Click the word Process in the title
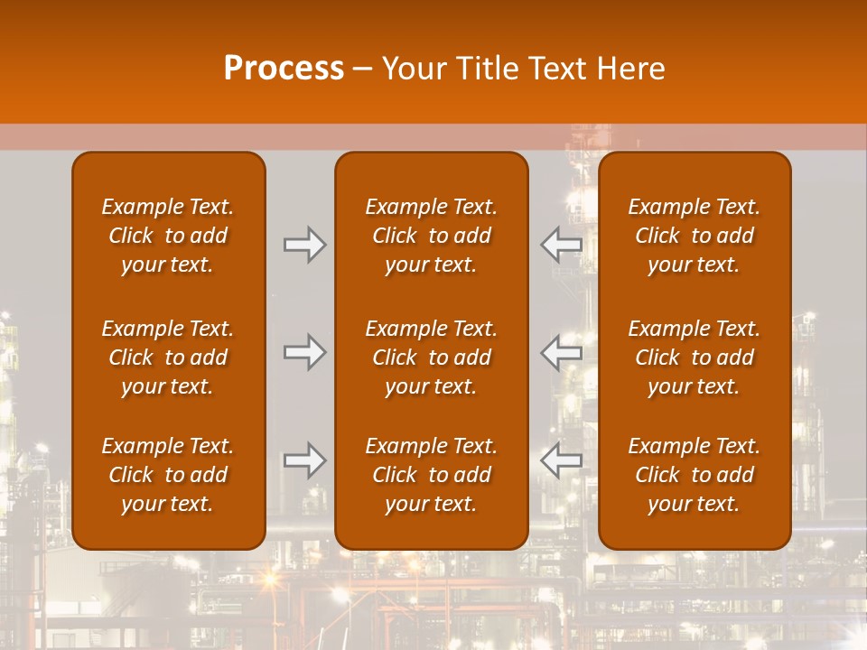(x=284, y=69)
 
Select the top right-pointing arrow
(x=304, y=244)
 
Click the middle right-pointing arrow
(x=304, y=352)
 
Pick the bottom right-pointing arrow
(x=304, y=460)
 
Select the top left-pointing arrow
(x=562, y=244)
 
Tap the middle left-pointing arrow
(x=562, y=352)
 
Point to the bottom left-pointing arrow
(x=562, y=460)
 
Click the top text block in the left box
(x=168, y=236)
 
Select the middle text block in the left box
(x=168, y=357)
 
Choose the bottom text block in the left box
(x=168, y=475)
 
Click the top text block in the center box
(x=431, y=236)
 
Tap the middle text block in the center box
(x=431, y=357)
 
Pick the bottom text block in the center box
(x=431, y=475)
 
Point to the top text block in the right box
(x=694, y=236)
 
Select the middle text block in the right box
(x=694, y=357)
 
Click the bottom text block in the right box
(x=694, y=475)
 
